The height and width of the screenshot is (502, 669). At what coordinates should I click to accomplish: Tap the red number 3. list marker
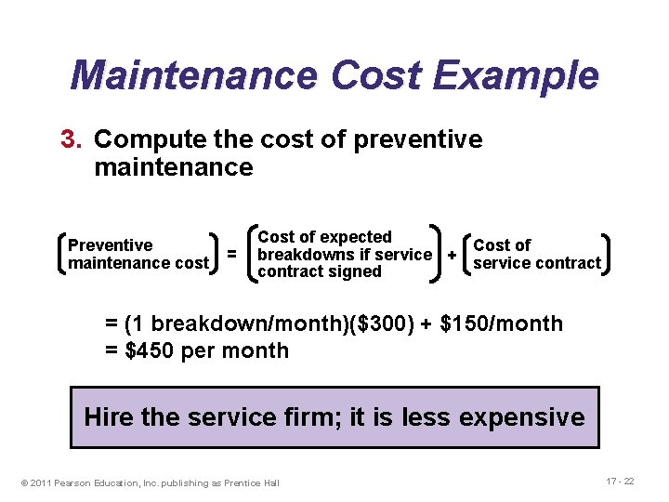[x=72, y=139]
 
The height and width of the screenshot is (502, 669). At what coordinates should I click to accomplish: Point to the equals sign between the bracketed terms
[x=232, y=254]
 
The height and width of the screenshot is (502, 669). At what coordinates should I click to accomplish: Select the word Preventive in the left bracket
[x=111, y=245]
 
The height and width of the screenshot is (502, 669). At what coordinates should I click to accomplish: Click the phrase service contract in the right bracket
[x=537, y=263]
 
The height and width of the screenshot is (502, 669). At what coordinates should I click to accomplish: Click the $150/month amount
[x=501, y=324]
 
